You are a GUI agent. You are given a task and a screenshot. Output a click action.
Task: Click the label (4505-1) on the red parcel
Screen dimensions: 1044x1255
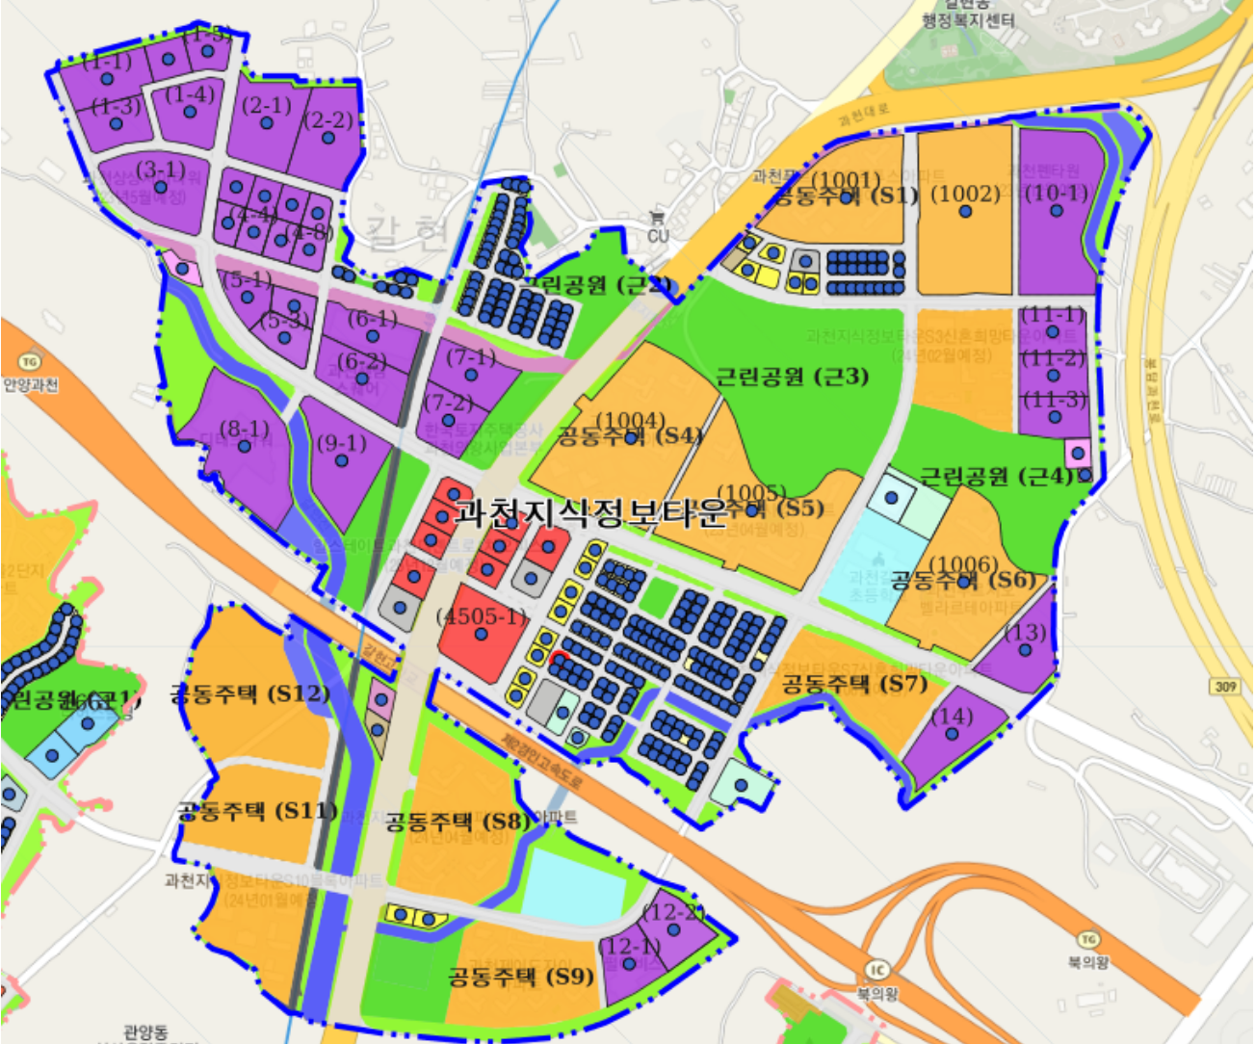click(483, 616)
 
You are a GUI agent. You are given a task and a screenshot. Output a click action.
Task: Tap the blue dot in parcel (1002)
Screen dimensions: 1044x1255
click(965, 211)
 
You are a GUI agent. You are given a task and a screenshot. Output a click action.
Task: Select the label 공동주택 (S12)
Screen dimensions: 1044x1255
click(249, 693)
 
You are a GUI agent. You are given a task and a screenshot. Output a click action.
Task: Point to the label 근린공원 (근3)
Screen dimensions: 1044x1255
click(792, 377)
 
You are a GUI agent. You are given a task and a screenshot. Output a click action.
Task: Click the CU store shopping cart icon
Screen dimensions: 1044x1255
click(658, 218)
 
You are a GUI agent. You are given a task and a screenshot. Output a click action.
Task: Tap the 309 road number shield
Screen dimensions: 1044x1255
click(1225, 686)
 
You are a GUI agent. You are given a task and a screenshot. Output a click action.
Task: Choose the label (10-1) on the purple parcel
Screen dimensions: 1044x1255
click(1057, 194)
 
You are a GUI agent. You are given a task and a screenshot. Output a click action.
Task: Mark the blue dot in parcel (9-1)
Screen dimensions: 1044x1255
click(341, 461)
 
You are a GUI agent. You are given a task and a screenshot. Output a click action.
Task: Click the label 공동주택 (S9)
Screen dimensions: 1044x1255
click(520, 977)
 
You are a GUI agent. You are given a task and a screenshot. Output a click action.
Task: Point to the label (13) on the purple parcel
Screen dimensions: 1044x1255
click(1025, 633)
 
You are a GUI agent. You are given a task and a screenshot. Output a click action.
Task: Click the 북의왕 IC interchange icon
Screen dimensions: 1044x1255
click(877, 970)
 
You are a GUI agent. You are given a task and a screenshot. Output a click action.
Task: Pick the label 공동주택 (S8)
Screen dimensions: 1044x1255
click(458, 822)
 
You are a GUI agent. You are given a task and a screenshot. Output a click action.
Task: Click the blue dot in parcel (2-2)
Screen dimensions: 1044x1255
click(328, 139)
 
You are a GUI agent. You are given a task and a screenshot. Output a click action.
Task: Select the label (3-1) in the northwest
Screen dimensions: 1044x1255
click(161, 170)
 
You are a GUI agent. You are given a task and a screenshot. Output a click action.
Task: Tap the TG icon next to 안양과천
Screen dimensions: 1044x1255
click(29, 362)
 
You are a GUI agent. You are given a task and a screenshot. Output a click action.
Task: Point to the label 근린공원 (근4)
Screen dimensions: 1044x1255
click(996, 476)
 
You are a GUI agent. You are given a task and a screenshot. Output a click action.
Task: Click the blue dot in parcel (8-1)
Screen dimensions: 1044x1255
click(245, 446)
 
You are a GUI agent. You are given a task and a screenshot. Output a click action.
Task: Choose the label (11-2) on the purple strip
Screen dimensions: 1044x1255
click(1053, 358)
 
